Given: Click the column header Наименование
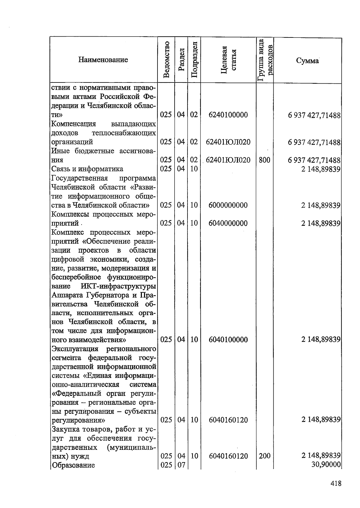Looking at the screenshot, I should (x=103, y=60).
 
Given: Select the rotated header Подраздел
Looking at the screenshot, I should (x=194, y=60).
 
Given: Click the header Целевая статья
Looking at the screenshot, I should (x=228, y=60).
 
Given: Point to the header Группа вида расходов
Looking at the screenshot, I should (x=265, y=60).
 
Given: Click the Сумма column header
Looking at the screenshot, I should (x=307, y=61).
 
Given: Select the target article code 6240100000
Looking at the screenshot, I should (x=228, y=115).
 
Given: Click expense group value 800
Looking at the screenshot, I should (x=264, y=160).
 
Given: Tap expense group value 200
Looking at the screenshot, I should (x=264, y=456).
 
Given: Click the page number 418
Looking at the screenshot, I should (x=336, y=483).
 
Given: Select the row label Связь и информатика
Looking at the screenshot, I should (x=87, y=169).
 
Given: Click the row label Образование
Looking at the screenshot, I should (x=73, y=465).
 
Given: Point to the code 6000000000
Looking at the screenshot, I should (x=228, y=205).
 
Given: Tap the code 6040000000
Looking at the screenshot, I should (x=228, y=223).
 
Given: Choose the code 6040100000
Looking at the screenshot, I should (x=228, y=339).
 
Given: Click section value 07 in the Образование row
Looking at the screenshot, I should (x=181, y=465).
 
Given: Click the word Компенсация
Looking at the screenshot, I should (x=73, y=124).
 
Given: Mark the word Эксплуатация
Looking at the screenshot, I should (x=75, y=349).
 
